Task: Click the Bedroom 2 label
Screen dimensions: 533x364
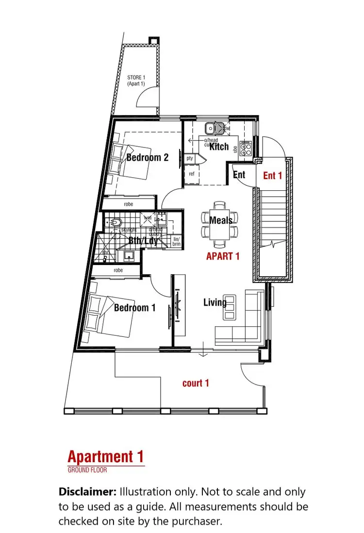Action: [x=147, y=157]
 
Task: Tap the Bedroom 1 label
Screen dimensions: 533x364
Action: [x=134, y=308]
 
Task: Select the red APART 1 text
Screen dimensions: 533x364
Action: [x=223, y=256]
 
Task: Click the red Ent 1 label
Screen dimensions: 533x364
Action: [x=272, y=176]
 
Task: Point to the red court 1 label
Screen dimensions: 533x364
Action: [x=196, y=383]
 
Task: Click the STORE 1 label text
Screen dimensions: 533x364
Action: [x=136, y=81]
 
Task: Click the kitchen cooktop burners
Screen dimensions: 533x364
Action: [x=246, y=149]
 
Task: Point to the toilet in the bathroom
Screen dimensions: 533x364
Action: [x=116, y=223]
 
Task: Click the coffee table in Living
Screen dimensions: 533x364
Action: [x=230, y=307]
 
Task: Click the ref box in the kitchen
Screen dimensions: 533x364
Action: [x=191, y=173]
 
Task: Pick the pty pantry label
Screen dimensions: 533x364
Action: [x=190, y=158]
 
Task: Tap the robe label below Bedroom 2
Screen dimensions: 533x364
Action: [x=128, y=204]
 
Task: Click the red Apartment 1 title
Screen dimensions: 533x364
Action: [x=105, y=457]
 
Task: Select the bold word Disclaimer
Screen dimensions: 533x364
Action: [x=87, y=491]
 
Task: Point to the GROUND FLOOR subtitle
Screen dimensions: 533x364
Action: [x=87, y=470]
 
